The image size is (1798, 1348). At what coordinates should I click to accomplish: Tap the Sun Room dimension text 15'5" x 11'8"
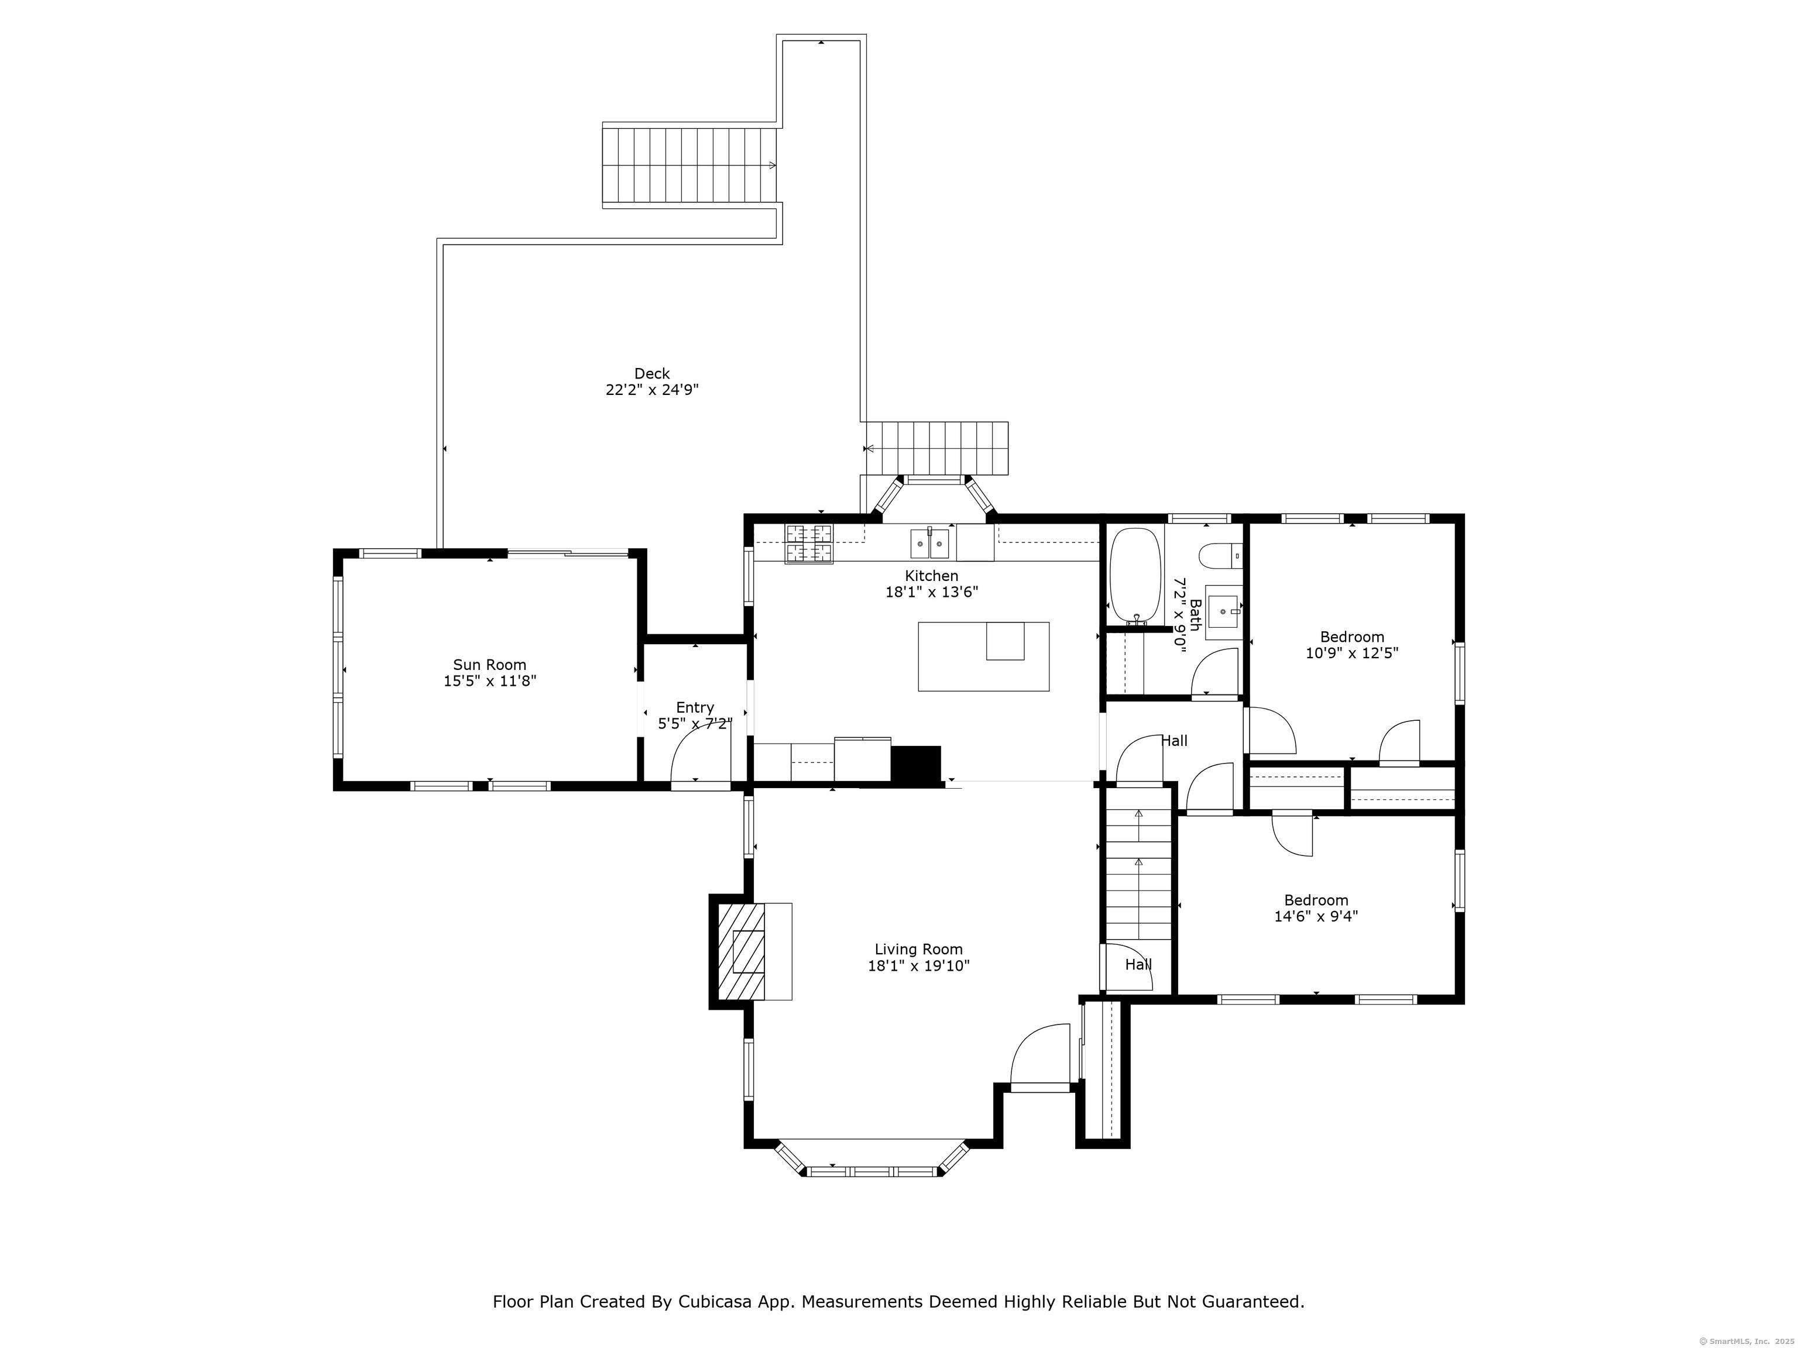(x=489, y=681)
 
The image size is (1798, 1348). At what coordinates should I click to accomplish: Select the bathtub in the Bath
(x=1135, y=575)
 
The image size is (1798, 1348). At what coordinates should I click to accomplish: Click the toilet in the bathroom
(x=1220, y=556)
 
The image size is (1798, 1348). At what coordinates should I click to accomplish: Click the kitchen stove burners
(x=809, y=544)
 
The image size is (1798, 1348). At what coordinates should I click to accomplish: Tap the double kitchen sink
(x=929, y=544)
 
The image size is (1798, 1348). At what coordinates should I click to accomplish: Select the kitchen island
(x=983, y=656)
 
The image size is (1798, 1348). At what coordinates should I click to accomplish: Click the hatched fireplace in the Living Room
(x=742, y=951)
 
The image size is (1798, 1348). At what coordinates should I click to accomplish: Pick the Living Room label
(x=918, y=949)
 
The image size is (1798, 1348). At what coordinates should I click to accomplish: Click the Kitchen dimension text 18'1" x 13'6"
(x=932, y=592)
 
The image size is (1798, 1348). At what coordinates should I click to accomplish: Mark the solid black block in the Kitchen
(x=916, y=764)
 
